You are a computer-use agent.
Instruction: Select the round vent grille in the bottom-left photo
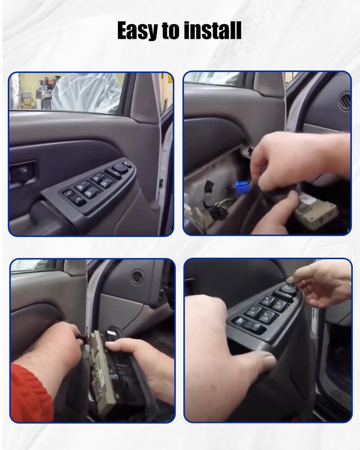tap(137, 277)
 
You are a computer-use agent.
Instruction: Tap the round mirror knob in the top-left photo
tap(120, 167)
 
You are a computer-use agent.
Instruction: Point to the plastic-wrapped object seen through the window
tap(85, 92)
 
